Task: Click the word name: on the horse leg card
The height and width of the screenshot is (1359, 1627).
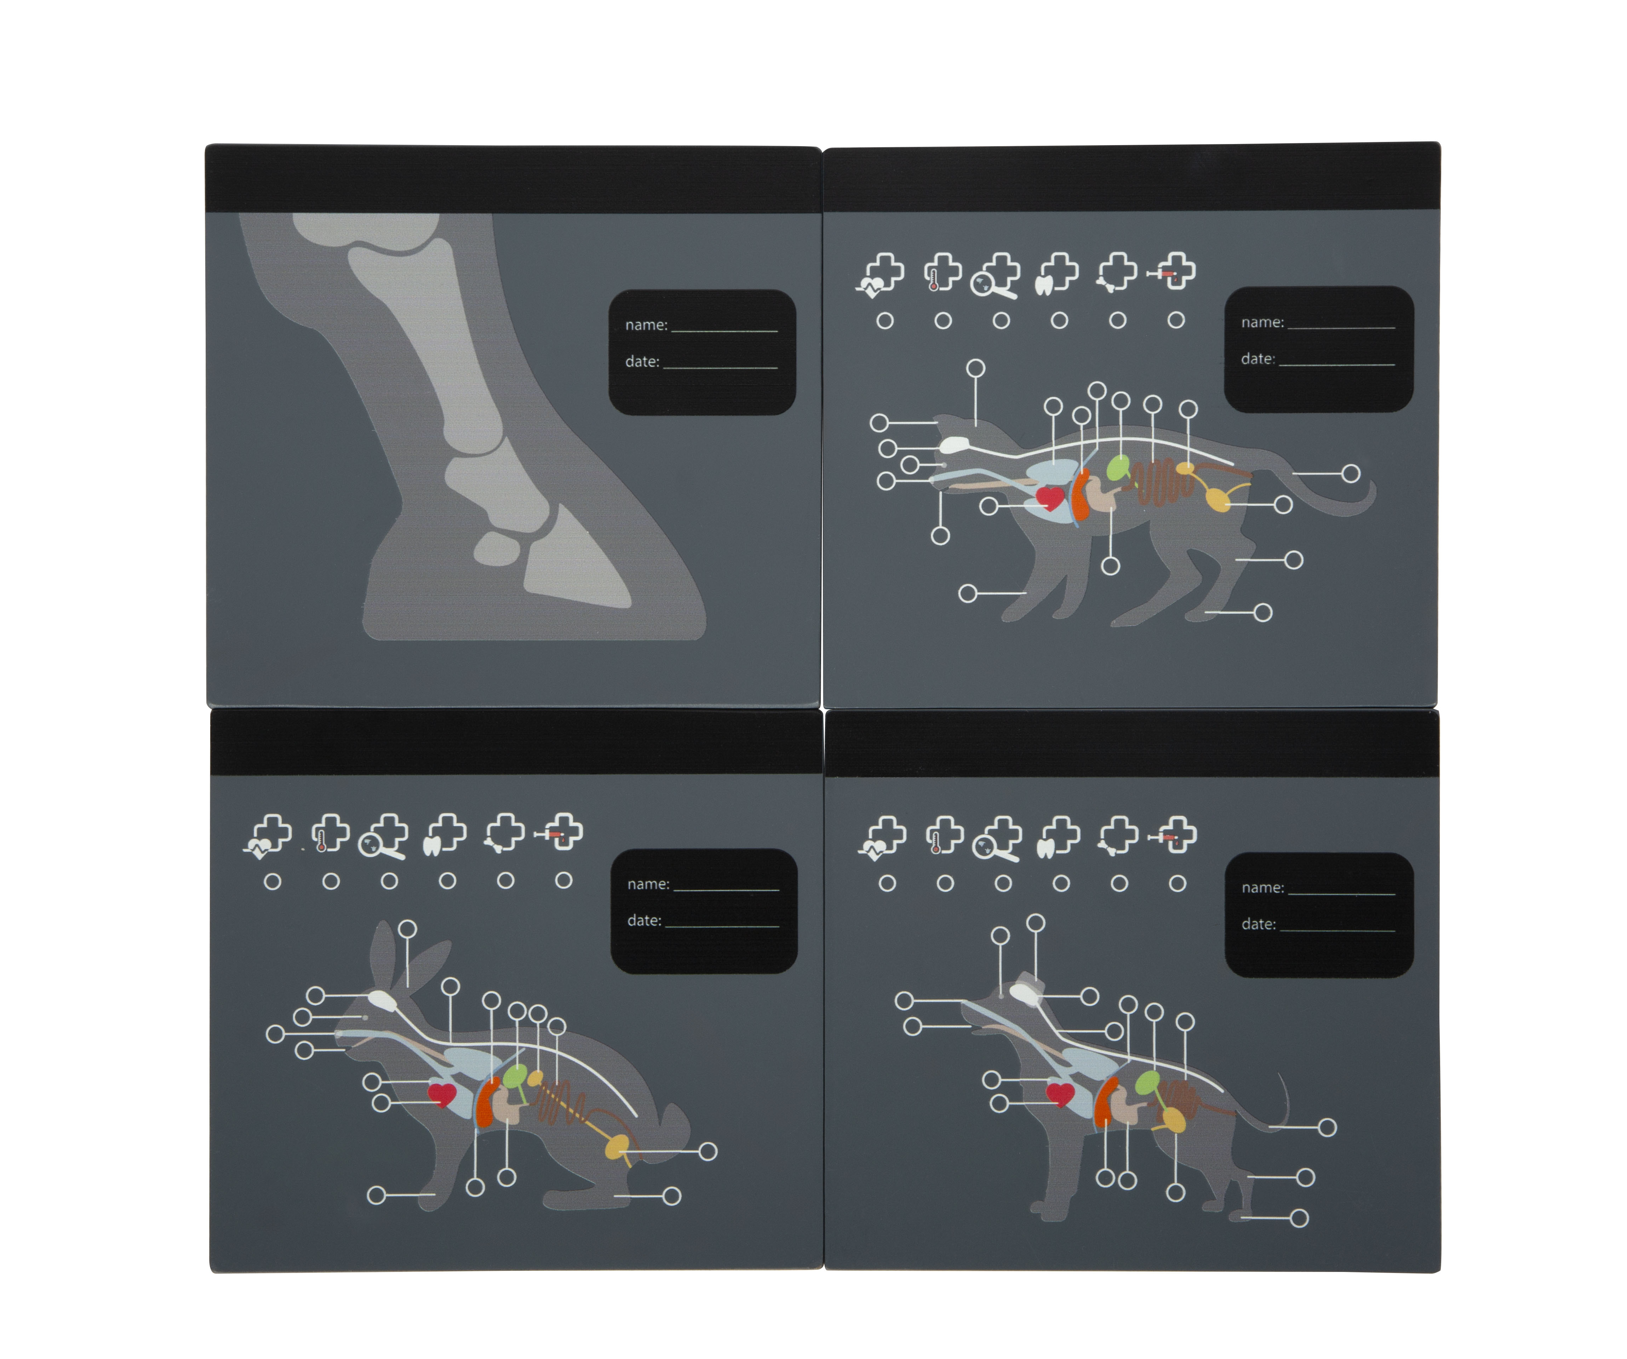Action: click(646, 325)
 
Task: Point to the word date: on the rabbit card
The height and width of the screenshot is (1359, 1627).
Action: click(644, 921)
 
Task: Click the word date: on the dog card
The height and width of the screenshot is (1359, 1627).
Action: click(1258, 924)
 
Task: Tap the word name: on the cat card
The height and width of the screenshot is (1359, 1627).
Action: click(1262, 322)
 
